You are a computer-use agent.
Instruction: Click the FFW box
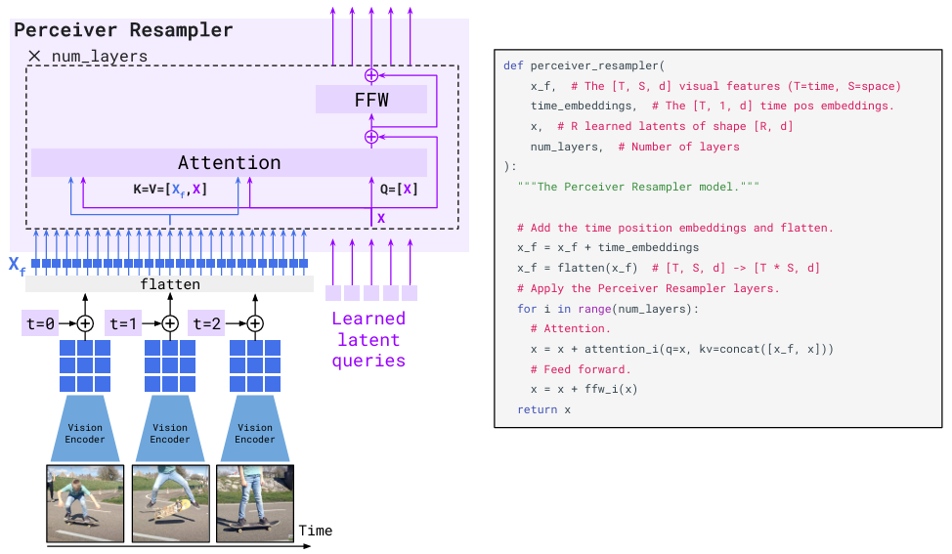click(371, 99)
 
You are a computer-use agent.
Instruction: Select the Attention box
click(229, 162)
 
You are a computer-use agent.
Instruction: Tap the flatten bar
click(170, 284)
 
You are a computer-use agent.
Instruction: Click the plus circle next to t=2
click(255, 323)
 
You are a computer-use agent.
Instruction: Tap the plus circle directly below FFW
click(371, 137)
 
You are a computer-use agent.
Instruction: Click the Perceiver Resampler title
click(123, 30)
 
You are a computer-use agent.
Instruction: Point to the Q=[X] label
click(398, 190)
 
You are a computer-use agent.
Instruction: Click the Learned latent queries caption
click(368, 339)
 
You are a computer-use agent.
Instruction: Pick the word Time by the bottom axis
click(315, 531)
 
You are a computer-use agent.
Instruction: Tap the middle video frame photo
click(169, 502)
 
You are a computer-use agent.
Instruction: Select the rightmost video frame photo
click(255, 502)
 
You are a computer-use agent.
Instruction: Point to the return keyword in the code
click(539, 409)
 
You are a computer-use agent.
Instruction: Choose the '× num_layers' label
click(88, 57)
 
